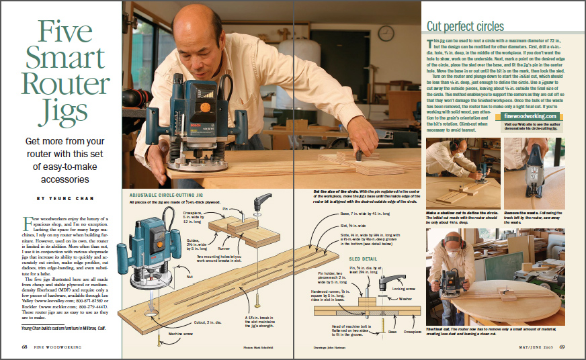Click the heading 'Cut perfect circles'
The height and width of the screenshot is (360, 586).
pyautogui.click(x=465, y=27)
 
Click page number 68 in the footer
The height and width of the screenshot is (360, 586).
pyautogui.click(x=24, y=347)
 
